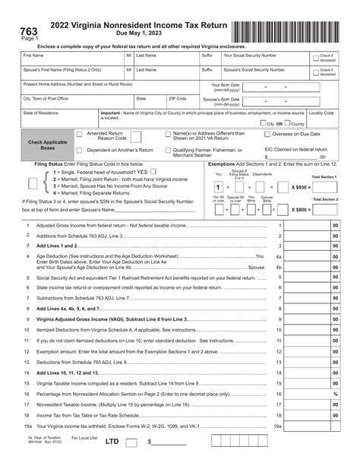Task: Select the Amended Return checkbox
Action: click(x=79, y=134)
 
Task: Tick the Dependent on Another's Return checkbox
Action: click(x=79, y=151)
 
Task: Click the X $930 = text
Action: click(x=301, y=186)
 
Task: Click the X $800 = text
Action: click(x=301, y=208)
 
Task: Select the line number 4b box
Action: click(x=279, y=268)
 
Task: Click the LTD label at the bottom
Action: click(x=112, y=441)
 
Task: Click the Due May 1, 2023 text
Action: click(x=134, y=35)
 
